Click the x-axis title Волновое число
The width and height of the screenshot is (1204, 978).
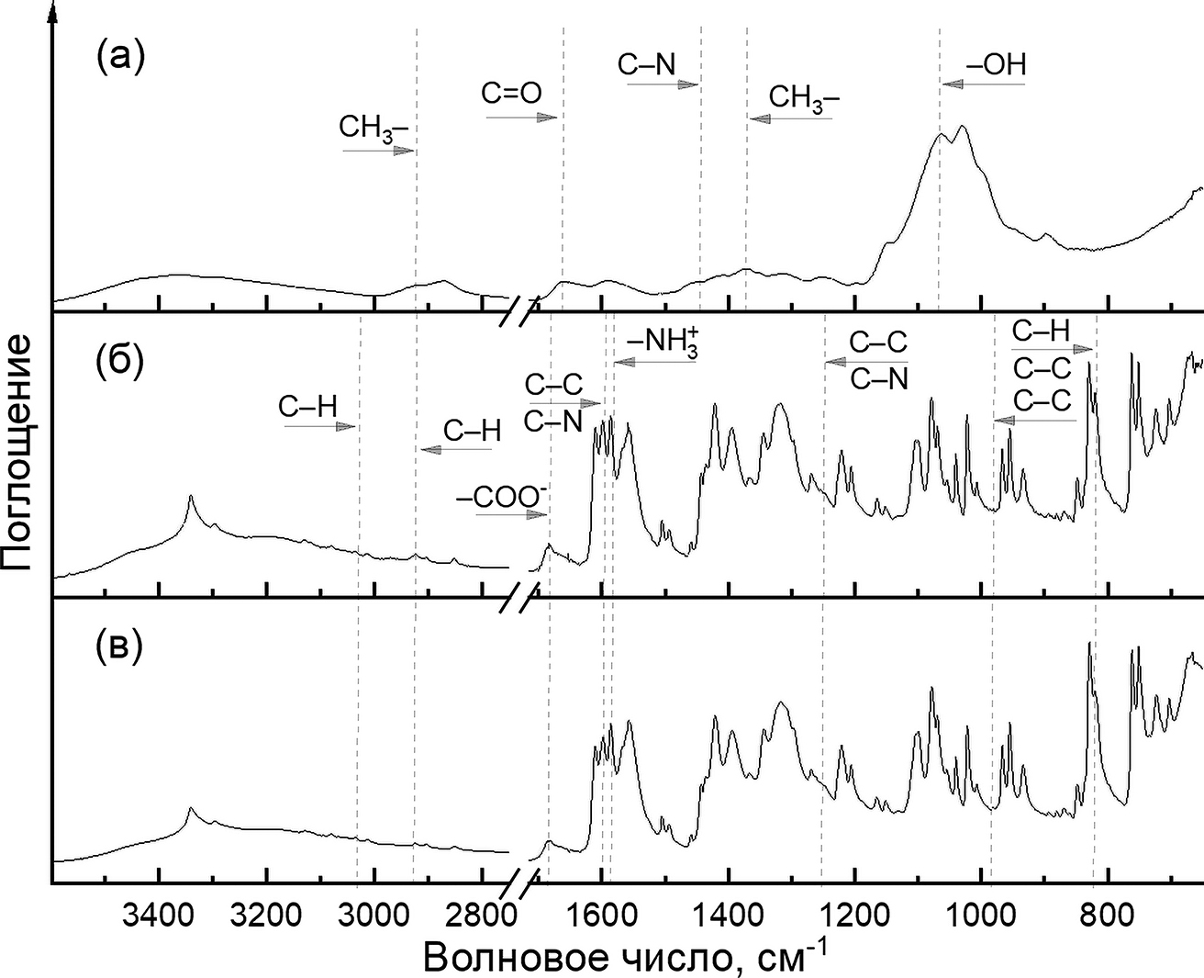click(x=624, y=955)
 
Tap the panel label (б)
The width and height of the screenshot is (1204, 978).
click(x=119, y=361)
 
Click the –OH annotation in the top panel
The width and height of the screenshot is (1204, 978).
click(x=996, y=64)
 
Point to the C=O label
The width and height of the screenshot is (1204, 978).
click(x=511, y=93)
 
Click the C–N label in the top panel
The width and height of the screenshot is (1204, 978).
click(x=646, y=63)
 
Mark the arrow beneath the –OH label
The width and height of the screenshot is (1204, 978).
click(x=983, y=84)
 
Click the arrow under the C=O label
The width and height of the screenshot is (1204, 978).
click(x=522, y=118)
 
